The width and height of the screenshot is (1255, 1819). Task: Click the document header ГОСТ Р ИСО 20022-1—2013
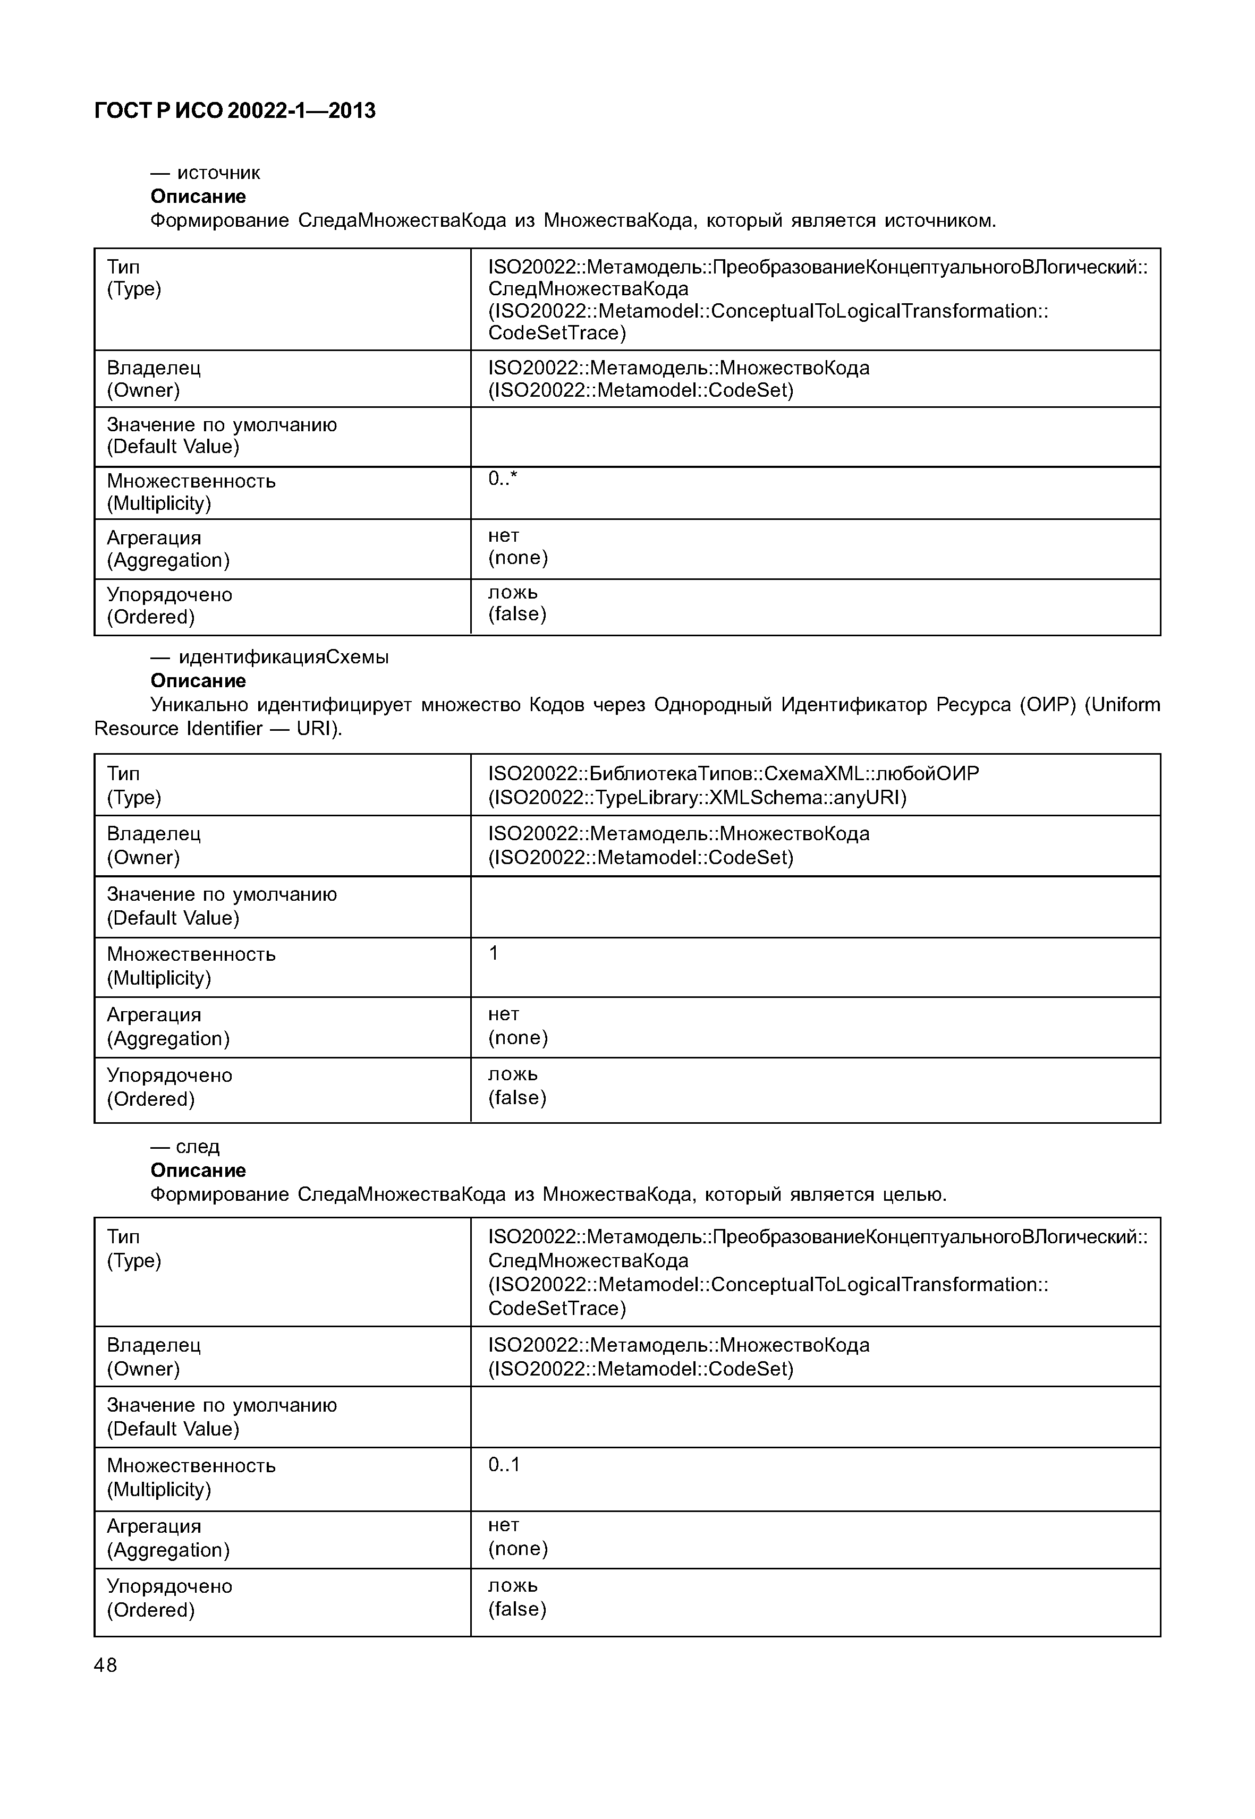[x=234, y=111]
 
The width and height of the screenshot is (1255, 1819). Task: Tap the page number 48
[x=105, y=1665]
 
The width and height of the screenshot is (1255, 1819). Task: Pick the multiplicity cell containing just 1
[x=494, y=953]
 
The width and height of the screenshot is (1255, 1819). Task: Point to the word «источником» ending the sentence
[x=940, y=221]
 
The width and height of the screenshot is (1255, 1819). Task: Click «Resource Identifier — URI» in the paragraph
[x=216, y=729]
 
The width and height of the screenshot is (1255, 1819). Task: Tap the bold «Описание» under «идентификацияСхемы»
[x=198, y=681]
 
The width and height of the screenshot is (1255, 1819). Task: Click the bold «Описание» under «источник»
[x=198, y=197]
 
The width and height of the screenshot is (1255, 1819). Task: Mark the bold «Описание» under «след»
[x=198, y=1171]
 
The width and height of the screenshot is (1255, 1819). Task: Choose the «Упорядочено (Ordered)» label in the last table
[x=169, y=1598]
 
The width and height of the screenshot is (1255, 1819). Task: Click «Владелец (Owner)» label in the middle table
[x=154, y=845]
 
